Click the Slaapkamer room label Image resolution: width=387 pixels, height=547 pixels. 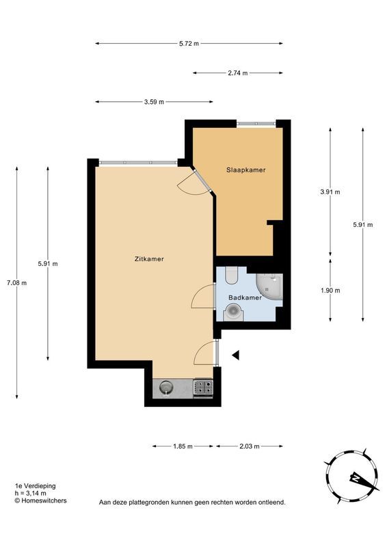(x=245, y=170)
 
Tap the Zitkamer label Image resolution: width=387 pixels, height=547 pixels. (x=149, y=259)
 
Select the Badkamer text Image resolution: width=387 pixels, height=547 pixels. (x=245, y=297)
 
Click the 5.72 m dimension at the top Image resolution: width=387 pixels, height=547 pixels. (x=189, y=44)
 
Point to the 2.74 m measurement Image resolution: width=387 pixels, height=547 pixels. (x=238, y=73)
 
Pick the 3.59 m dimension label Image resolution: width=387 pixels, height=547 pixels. (x=154, y=102)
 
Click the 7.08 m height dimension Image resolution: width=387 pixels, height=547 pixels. (x=16, y=283)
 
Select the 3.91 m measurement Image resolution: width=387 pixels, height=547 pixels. (x=330, y=191)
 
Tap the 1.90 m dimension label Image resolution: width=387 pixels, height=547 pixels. (x=330, y=290)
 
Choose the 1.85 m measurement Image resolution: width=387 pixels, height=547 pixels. (x=183, y=446)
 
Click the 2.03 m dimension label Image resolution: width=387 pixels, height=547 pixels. (x=249, y=446)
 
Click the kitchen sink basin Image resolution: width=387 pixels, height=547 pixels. (x=166, y=388)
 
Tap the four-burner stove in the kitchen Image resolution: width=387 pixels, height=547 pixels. (x=203, y=387)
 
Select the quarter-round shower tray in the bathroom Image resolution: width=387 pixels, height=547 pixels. (x=269, y=286)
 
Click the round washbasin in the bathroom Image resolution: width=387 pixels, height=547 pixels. (x=232, y=312)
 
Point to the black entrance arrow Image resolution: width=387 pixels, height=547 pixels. (x=236, y=355)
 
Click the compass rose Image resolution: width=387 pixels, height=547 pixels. (x=351, y=476)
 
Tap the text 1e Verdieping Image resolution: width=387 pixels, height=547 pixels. (x=36, y=485)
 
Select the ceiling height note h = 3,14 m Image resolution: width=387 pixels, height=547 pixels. (x=30, y=493)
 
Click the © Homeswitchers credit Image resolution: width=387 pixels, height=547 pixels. (x=40, y=501)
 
